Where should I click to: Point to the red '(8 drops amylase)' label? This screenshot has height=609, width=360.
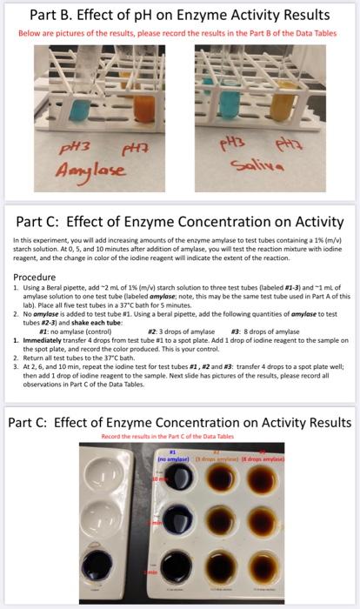click(x=271, y=457)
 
